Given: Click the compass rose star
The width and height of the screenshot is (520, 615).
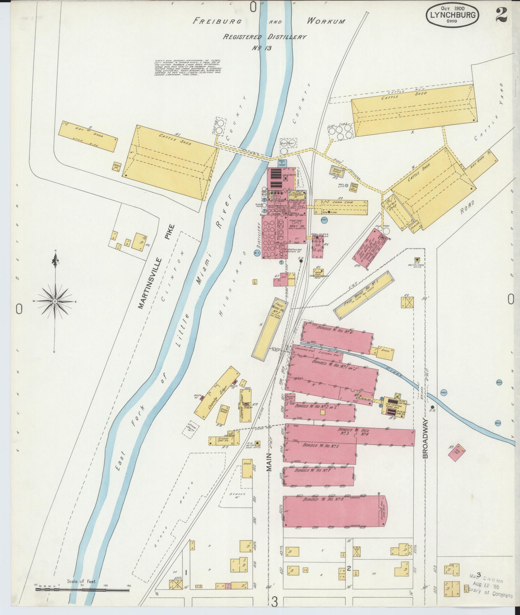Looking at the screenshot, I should click(x=55, y=301).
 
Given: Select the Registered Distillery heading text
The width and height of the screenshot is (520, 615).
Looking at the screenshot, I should click(x=264, y=37).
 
